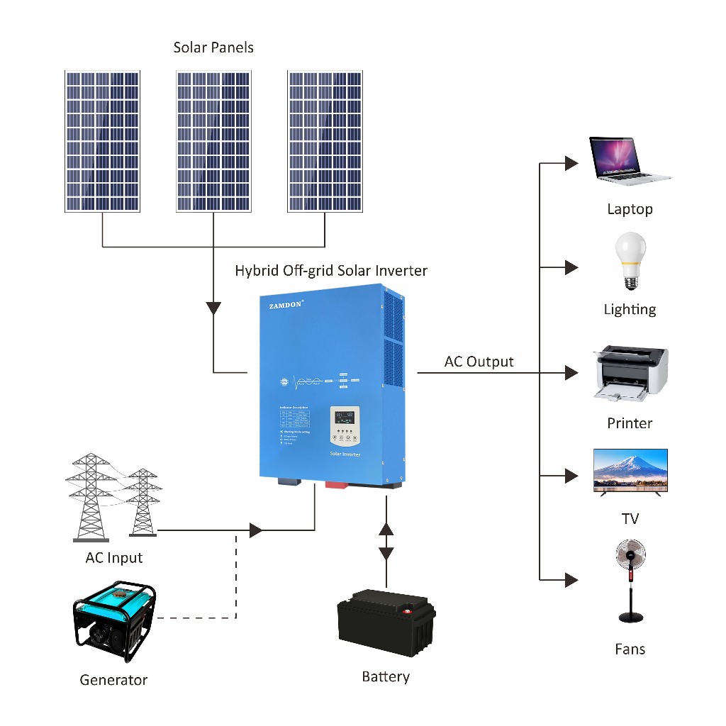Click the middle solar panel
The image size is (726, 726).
(213, 141)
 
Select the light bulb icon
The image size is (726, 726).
(630, 259)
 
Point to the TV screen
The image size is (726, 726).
(630, 468)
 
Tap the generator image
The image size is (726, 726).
(114, 621)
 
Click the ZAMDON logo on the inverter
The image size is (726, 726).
(286, 303)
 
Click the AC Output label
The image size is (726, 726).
(479, 362)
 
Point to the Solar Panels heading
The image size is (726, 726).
(213, 48)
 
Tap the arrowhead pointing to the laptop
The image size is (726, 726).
(571, 164)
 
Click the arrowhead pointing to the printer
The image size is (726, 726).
(571, 373)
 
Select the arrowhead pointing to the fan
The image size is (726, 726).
(571, 580)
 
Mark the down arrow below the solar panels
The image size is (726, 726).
(213, 309)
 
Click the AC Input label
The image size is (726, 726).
(114, 558)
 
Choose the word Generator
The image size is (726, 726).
(113, 680)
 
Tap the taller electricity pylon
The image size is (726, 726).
(90, 497)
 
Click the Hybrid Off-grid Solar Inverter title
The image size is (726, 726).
(331, 271)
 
